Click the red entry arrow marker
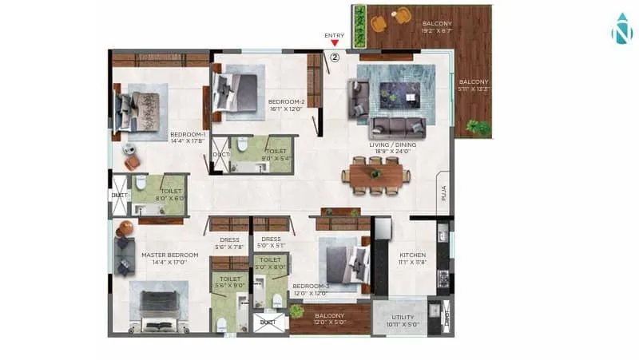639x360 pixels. (x=335, y=45)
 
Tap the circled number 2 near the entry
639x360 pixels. (x=335, y=57)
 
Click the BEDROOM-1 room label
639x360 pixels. (x=188, y=135)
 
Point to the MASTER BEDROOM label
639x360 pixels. (x=164, y=255)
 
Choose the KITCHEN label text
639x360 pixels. (x=413, y=255)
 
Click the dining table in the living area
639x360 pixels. (x=375, y=174)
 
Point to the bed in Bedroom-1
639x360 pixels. (x=141, y=109)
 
